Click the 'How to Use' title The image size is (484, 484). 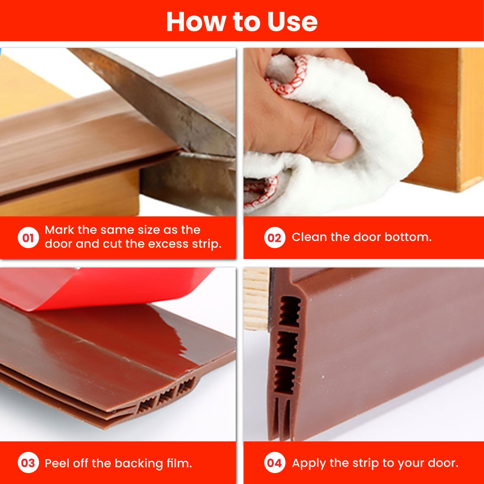(x=242, y=21)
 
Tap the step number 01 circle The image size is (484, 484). (x=28, y=237)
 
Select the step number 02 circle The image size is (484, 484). (x=274, y=237)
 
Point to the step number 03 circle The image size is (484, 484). (x=28, y=463)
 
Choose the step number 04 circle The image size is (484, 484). (x=274, y=463)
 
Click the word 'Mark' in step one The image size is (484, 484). (x=59, y=230)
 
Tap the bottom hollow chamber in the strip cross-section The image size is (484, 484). (x=284, y=380)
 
